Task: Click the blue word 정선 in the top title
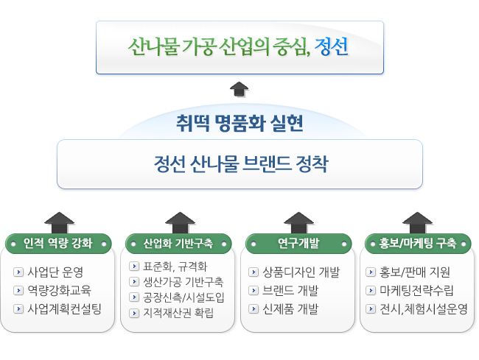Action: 332,46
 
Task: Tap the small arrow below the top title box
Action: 239,89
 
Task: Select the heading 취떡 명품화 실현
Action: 239,123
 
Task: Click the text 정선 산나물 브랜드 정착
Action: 241,164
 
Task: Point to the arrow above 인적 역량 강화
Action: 59,223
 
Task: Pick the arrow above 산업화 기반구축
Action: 181,223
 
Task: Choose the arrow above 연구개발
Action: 298,223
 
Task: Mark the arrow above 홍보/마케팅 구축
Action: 417,223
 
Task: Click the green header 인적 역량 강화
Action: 58,244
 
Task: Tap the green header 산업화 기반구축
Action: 178,244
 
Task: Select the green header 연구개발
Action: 298,244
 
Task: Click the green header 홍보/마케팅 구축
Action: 418,244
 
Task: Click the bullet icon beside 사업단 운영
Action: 18,272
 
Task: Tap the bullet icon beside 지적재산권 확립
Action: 134,313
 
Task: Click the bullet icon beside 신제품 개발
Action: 254,308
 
